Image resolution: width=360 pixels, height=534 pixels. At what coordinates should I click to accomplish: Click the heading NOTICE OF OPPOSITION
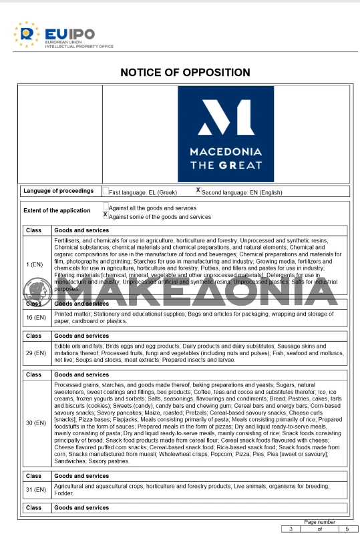pos(185,73)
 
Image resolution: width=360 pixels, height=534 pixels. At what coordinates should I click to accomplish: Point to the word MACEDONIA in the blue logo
pos(225,152)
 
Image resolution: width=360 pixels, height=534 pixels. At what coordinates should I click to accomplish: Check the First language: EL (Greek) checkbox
pos(106,191)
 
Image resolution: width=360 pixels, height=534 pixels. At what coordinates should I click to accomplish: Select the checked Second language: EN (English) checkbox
pos(198,190)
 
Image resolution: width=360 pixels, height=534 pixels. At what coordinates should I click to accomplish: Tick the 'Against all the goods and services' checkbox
pos(106,207)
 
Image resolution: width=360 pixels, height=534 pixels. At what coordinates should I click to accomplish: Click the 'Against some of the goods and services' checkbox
pos(106,215)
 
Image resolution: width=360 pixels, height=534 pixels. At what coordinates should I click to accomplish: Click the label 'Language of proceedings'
pos(59,191)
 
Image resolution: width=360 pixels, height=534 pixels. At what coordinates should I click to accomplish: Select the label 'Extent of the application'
pos(57,211)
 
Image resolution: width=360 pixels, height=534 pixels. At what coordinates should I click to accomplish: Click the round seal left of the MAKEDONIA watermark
pos(38,291)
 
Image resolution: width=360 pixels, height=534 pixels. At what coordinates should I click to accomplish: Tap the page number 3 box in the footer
pos(291,529)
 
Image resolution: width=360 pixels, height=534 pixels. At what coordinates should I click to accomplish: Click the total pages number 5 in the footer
pos(347,529)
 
